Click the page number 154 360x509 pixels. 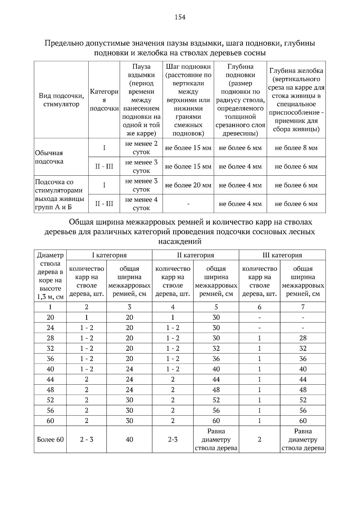pyautogui.click(x=180, y=17)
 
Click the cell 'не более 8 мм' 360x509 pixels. pyautogui.click(x=296, y=148)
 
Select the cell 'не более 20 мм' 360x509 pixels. pyautogui.click(x=188, y=185)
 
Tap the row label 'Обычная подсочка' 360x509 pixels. pyautogui.click(x=49, y=157)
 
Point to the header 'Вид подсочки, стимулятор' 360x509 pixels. pyautogui.click(x=61, y=100)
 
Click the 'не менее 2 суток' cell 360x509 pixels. pyautogui.click(x=141, y=148)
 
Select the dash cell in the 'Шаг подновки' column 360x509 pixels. pyautogui.click(x=188, y=204)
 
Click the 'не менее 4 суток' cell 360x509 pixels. pyautogui.click(x=141, y=204)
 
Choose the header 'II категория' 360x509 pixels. pyautogui.click(x=195, y=255)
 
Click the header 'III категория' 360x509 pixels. pyautogui.click(x=282, y=255)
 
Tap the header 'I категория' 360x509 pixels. pyautogui.click(x=109, y=255)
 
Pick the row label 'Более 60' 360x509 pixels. pyautogui.click(x=50, y=439)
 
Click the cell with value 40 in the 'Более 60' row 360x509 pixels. pyautogui.click(x=129, y=439)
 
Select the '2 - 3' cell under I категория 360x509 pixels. pyautogui.click(x=86, y=439)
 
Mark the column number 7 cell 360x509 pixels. pyautogui.click(x=303, y=307)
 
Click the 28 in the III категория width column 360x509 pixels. pyautogui.click(x=303, y=338)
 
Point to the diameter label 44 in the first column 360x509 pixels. pyautogui.click(x=50, y=380)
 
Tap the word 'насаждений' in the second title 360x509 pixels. pyautogui.click(x=180, y=241)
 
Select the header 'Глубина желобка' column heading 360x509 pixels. pyautogui.click(x=296, y=71)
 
